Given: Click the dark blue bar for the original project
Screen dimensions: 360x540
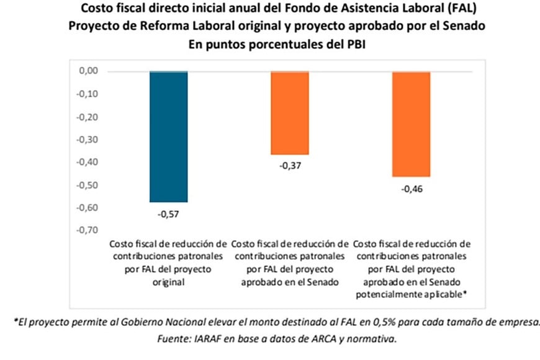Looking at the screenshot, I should coord(168,137).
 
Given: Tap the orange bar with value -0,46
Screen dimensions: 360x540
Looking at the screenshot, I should coord(411,124).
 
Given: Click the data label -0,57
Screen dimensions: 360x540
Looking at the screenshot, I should coord(168,215).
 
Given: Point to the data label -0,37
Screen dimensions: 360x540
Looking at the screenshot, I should coord(289,167).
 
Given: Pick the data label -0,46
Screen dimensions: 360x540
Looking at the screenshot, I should coord(411,189).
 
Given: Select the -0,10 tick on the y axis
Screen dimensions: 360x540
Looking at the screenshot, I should coord(88,94).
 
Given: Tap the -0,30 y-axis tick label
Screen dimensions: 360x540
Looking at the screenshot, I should coord(88,140).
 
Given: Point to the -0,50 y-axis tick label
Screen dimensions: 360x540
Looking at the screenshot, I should coord(88,185).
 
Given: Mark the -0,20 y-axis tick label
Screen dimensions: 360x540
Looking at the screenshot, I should coord(88,117).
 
